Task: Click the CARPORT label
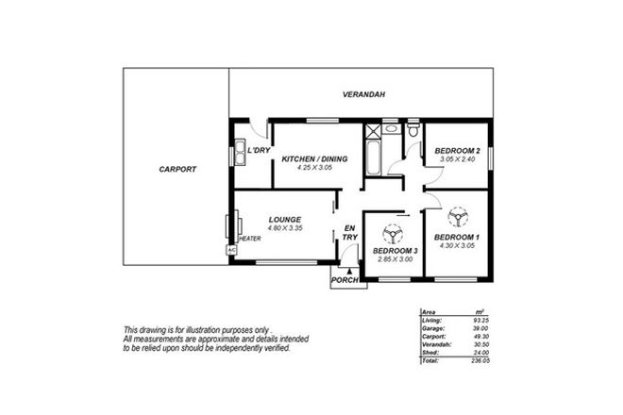tap(177, 170)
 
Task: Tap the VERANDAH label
tap(362, 94)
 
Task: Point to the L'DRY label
tap(260, 150)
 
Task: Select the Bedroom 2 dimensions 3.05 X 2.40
tap(458, 160)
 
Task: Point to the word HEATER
tap(249, 239)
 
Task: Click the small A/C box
tap(229, 251)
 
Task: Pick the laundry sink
tap(240, 148)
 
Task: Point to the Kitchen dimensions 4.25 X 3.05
tap(315, 168)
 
